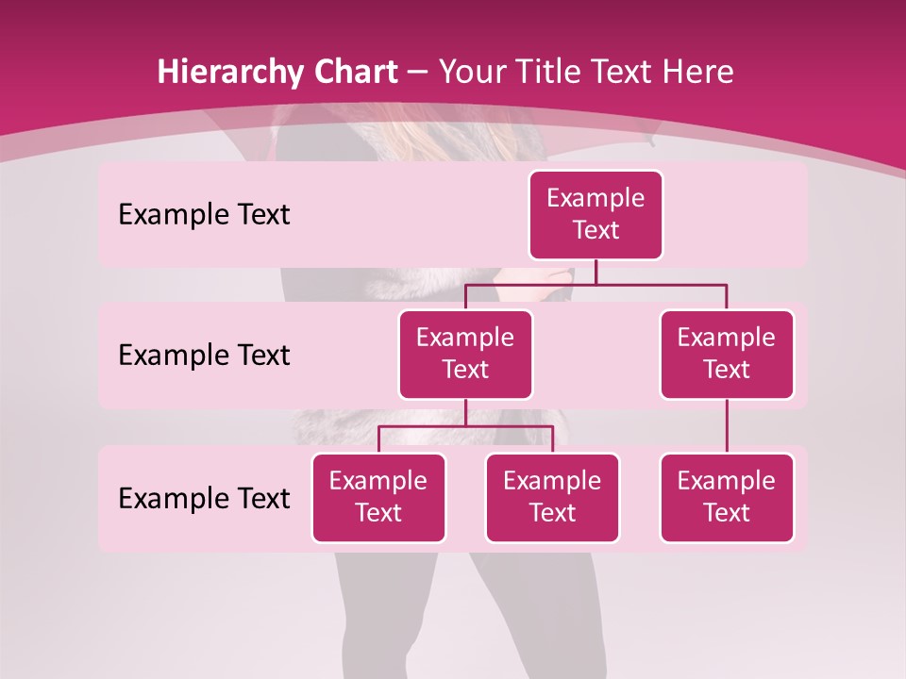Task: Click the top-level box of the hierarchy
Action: [596, 215]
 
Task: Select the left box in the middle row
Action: [465, 355]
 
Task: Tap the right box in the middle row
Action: [727, 355]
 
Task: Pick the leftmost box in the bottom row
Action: [378, 498]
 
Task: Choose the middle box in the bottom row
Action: [552, 498]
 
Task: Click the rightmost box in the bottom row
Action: [727, 498]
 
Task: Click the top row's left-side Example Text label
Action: [204, 215]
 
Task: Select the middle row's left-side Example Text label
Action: [204, 356]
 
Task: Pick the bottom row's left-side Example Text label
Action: [204, 499]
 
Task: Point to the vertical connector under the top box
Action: [596, 272]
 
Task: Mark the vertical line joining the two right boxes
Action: [727, 426]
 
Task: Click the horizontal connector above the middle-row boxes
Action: [596, 284]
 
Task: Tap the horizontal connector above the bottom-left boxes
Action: [465, 426]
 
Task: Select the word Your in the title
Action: [468, 73]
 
